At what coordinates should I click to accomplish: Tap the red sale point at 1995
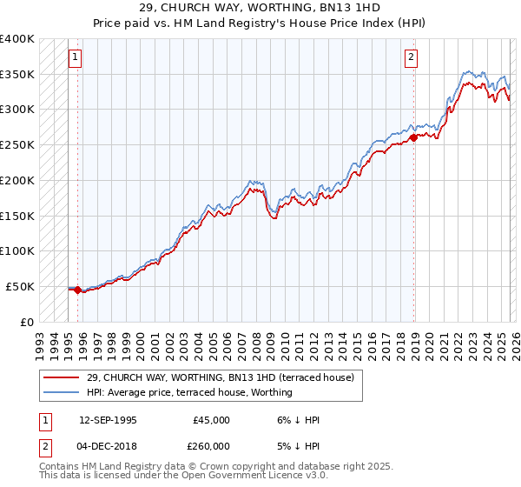(77, 290)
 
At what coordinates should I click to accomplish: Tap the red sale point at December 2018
(413, 137)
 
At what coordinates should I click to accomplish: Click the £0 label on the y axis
(28, 322)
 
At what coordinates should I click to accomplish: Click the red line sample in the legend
(62, 378)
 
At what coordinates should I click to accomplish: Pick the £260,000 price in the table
(211, 445)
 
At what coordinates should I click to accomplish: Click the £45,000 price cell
(211, 420)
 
